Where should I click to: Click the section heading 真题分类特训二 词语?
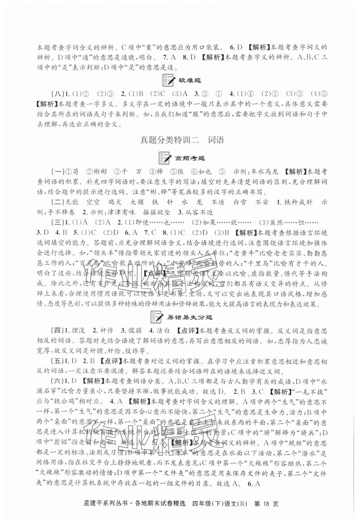[x=182, y=140]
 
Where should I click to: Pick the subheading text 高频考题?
[x=190, y=158]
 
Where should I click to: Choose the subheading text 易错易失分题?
[x=190, y=317]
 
